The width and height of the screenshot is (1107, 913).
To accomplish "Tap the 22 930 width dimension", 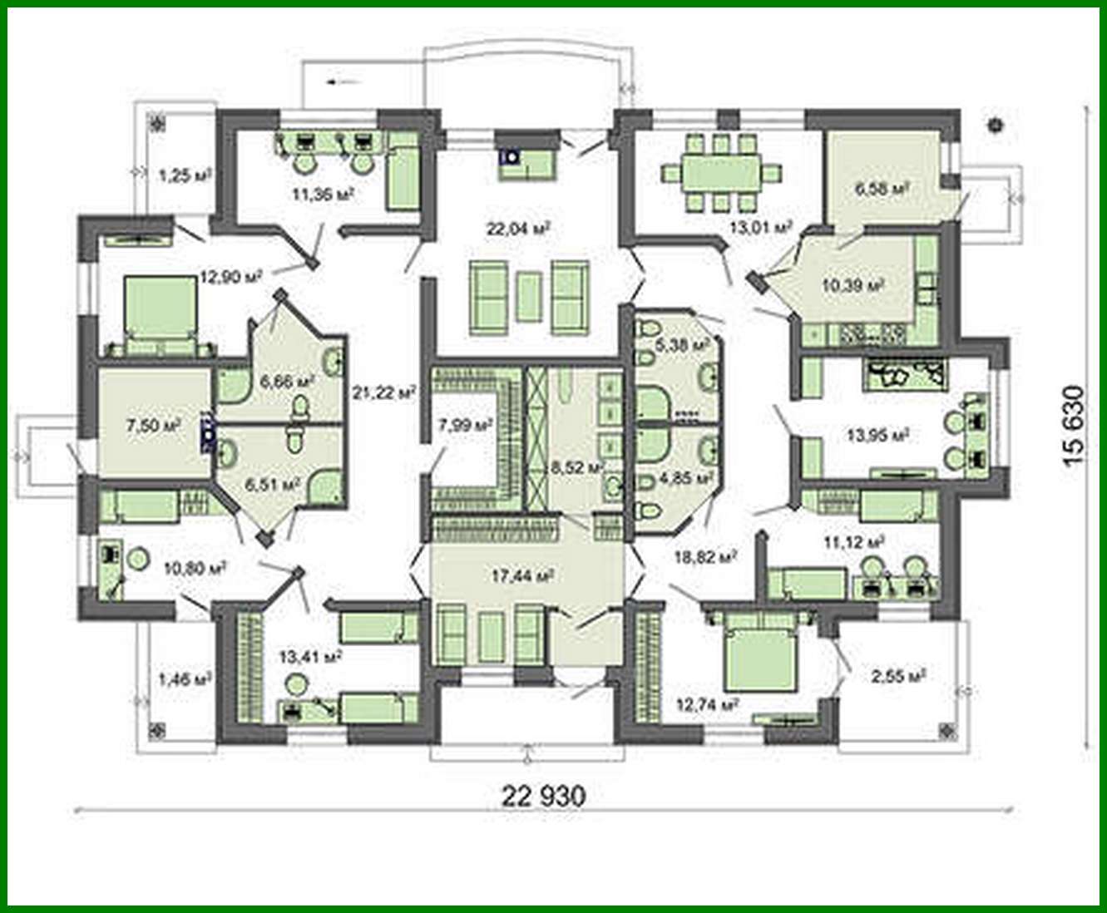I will pyautogui.click(x=543, y=795).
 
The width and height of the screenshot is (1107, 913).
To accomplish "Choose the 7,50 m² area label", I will pyautogui.click(x=153, y=426).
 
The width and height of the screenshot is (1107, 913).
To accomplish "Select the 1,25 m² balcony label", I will pyautogui.click(x=183, y=175).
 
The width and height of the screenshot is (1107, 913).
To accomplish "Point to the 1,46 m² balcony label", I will pyautogui.click(x=183, y=680).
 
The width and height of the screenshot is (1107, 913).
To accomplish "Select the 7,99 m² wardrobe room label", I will pyautogui.click(x=465, y=425).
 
